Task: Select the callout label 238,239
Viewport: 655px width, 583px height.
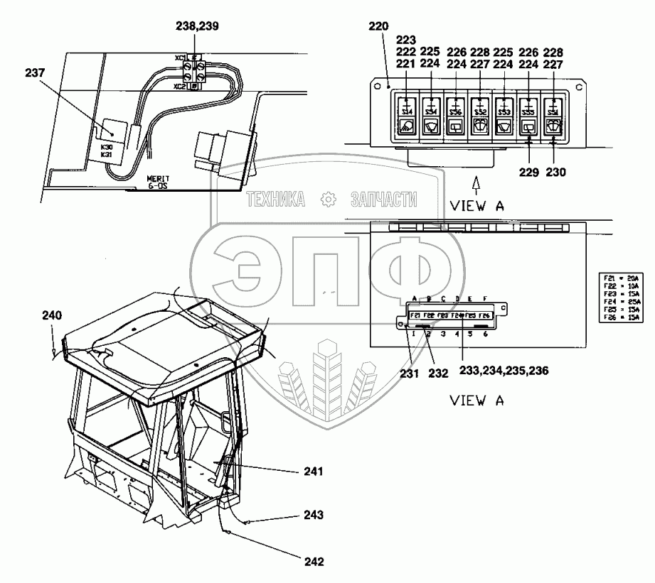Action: tap(197, 25)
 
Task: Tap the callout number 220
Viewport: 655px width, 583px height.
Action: tap(378, 27)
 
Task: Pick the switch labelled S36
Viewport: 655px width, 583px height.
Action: tap(456, 111)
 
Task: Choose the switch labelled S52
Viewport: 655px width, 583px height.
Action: tap(480, 111)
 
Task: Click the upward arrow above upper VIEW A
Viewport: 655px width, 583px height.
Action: tap(476, 185)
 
